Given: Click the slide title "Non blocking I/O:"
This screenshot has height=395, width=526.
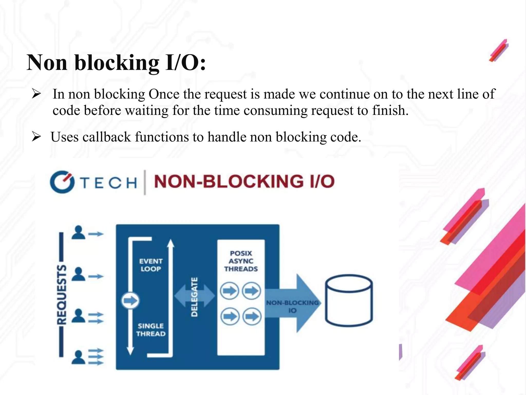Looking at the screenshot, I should [x=116, y=62].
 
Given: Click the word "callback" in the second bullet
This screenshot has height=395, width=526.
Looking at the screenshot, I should [x=107, y=137].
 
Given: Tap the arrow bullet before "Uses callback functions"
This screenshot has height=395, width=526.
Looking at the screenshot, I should [x=36, y=137].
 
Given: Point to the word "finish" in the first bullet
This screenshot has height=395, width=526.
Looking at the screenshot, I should [x=389, y=111].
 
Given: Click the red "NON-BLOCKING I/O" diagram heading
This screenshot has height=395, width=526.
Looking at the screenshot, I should [x=244, y=182].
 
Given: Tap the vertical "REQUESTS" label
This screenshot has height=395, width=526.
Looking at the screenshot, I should [x=61, y=294].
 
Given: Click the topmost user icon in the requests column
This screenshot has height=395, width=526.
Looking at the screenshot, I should [x=78, y=232].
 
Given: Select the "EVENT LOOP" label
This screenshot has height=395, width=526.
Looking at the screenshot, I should [x=151, y=265].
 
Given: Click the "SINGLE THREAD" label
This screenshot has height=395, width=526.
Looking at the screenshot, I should [x=151, y=330].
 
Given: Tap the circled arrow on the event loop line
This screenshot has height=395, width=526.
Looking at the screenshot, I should [x=130, y=300].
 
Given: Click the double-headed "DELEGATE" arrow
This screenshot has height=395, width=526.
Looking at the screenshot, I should [x=194, y=297].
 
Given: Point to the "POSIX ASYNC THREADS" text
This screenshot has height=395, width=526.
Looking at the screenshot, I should [x=241, y=261].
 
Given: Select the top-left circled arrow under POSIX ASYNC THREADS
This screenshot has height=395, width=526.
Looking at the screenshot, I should [x=230, y=291].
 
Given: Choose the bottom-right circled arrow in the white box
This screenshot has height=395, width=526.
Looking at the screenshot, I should [x=252, y=316].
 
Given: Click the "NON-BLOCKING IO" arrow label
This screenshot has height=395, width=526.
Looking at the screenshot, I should [x=292, y=307].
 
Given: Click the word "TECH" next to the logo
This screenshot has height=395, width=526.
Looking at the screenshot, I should [x=108, y=183].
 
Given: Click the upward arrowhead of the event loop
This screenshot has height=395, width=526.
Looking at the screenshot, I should [x=171, y=243].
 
